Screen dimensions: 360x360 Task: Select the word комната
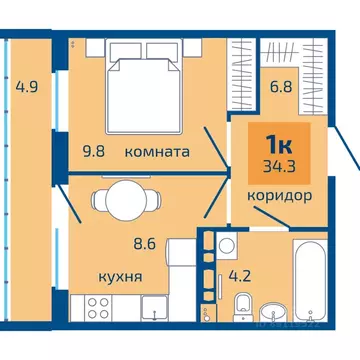[x=157, y=152]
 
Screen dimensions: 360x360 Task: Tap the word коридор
[x=273, y=196]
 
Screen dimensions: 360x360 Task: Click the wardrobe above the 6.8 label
[x=254, y=55]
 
